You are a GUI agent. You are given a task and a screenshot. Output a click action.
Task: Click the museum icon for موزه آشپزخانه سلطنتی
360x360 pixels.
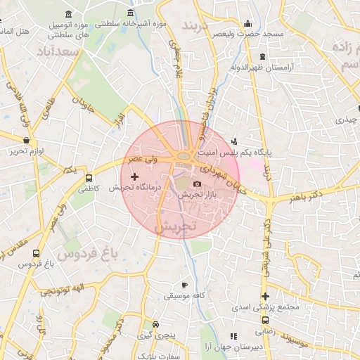click(x=130, y=13)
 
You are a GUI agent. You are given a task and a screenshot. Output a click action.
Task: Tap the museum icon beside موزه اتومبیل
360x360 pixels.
click(x=67, y=15)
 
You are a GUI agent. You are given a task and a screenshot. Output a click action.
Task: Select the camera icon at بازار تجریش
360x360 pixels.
click(x=196, y=184)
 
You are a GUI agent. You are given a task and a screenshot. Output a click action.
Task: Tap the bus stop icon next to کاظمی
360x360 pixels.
click(x=89, y=179)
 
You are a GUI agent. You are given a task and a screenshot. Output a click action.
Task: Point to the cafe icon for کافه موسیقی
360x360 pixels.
click(x=184, y=285)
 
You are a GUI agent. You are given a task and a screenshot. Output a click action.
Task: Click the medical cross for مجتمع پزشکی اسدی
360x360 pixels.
click(x=265, y=297)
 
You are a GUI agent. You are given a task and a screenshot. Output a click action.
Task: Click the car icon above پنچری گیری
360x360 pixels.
click(x=155, y=325)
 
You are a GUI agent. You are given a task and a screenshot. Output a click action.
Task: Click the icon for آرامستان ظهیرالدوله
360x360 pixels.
click(x=262, y=56)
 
